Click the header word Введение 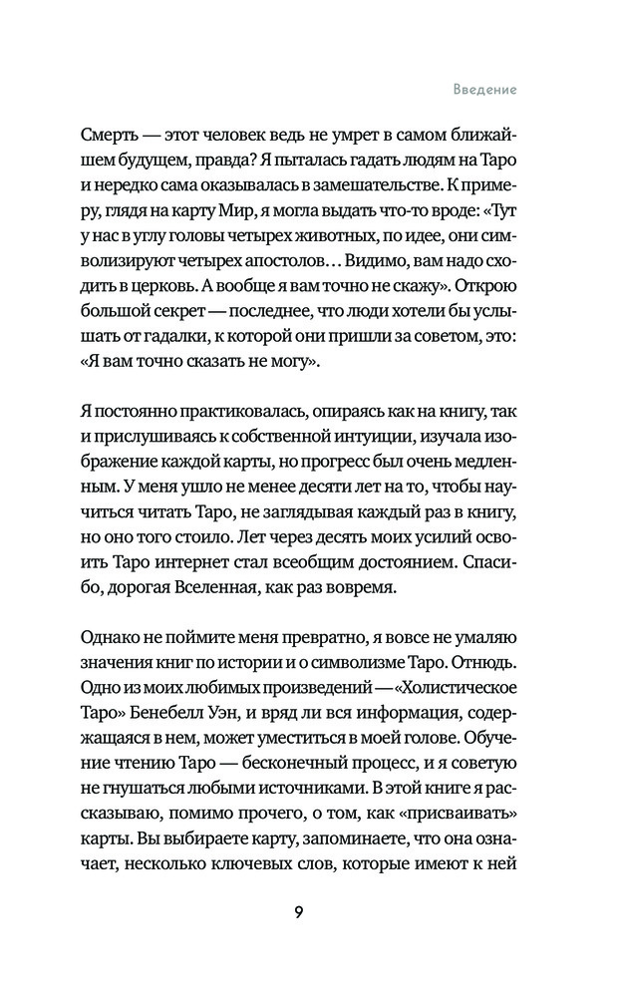click(x=479, y=89)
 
